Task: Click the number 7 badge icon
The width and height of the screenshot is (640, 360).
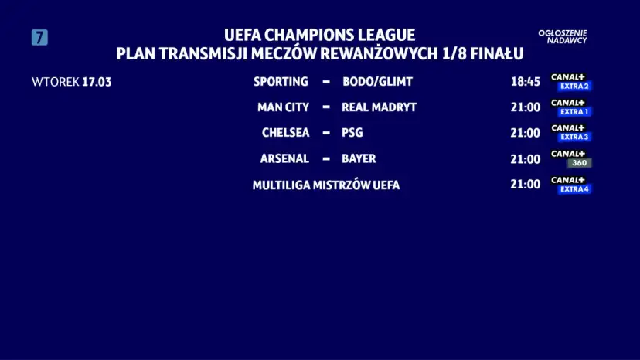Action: [39, 37]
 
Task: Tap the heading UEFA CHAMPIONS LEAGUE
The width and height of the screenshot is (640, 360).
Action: [319, 36]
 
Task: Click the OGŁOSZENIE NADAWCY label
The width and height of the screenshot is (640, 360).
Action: [563, 36]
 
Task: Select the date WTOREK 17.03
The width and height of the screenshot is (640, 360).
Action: [72, 82]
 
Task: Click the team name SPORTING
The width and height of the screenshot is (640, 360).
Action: [281, 81]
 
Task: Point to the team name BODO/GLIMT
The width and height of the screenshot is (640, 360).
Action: [377, 81]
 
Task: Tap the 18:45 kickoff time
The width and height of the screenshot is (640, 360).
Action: [525, 81]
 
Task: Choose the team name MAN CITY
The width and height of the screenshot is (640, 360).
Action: [283, 107]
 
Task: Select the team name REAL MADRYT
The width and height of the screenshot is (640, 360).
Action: [379, 107]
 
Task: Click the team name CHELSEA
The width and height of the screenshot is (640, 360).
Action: [285, 132]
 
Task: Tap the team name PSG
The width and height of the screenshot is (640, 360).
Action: [352, 132]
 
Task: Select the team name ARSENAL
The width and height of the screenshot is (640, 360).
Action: [284, 158]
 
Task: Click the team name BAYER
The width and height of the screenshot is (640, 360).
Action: [359, 158]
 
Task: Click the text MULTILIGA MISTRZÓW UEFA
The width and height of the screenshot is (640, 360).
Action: [326, 185]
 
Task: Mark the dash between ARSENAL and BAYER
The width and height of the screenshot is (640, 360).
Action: [325, 158]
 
